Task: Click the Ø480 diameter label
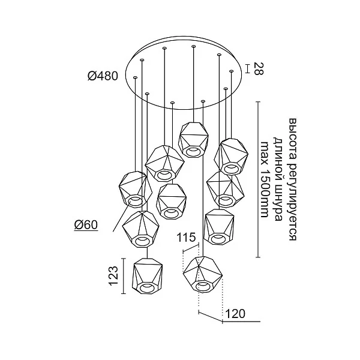103,76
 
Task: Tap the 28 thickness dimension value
259,68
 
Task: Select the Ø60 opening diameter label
86,224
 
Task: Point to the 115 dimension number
186,238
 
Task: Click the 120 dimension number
236,314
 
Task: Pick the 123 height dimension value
113,276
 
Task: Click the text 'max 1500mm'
265,179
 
